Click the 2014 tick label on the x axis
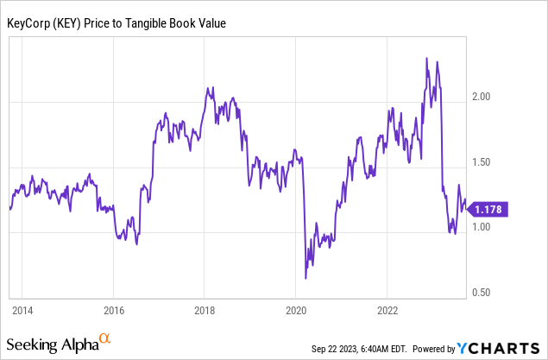(x=22, y=308)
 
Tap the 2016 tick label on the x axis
(x=113, y=308)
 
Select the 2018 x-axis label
(x=205, y=308)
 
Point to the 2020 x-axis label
(x=296, y=308)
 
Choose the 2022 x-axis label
(x=387, y=308)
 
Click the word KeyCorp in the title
(x=34, y=23)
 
